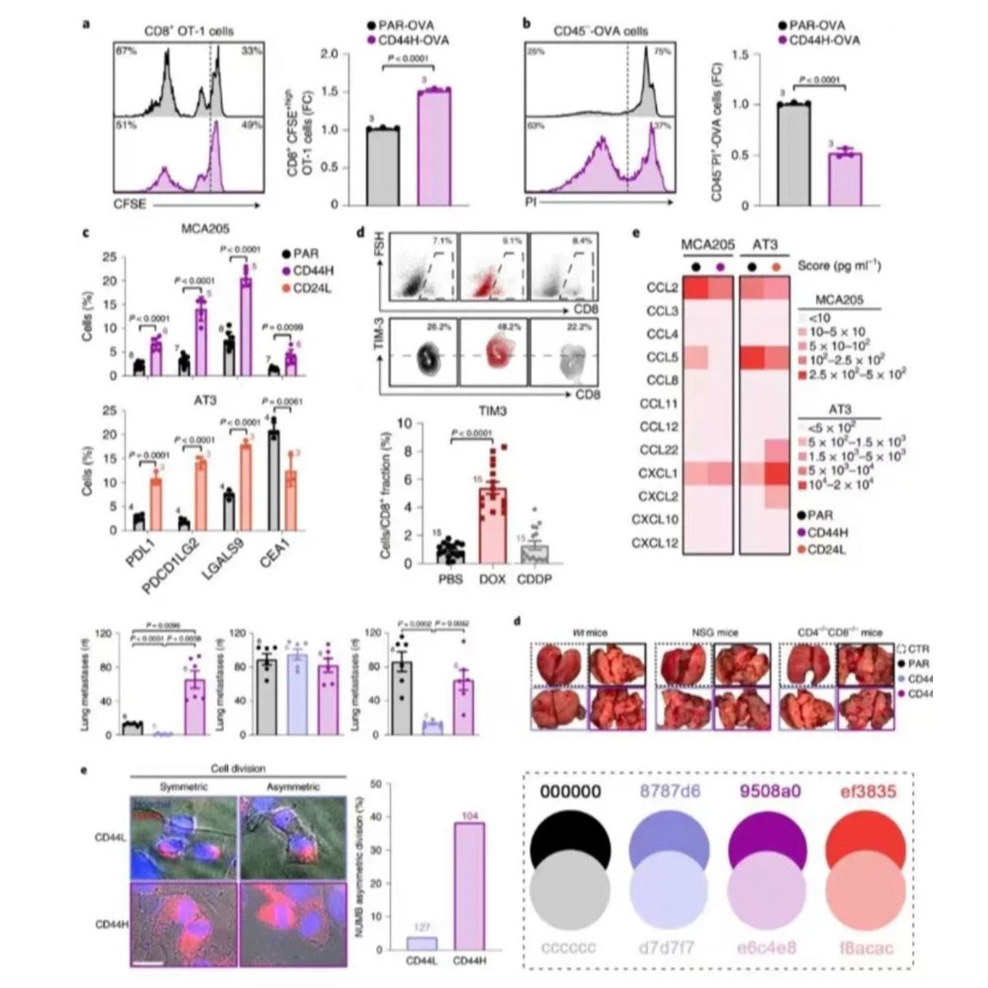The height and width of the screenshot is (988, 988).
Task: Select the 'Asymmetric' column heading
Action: (294, 787)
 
